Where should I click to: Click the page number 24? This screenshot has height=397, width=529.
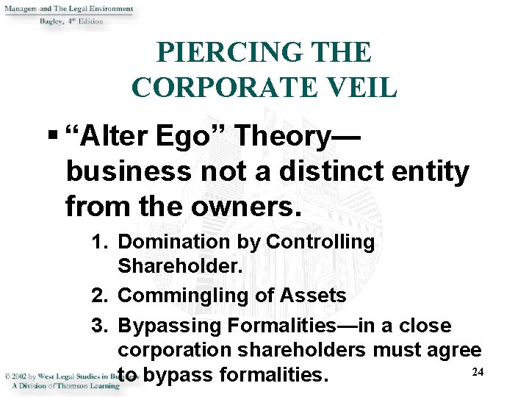click(478, 373)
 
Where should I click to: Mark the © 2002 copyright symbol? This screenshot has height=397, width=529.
click(6, 376)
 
